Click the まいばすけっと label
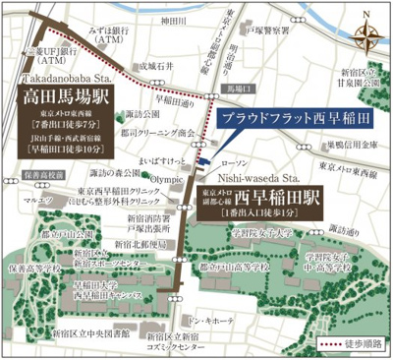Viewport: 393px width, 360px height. click(166, 156)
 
